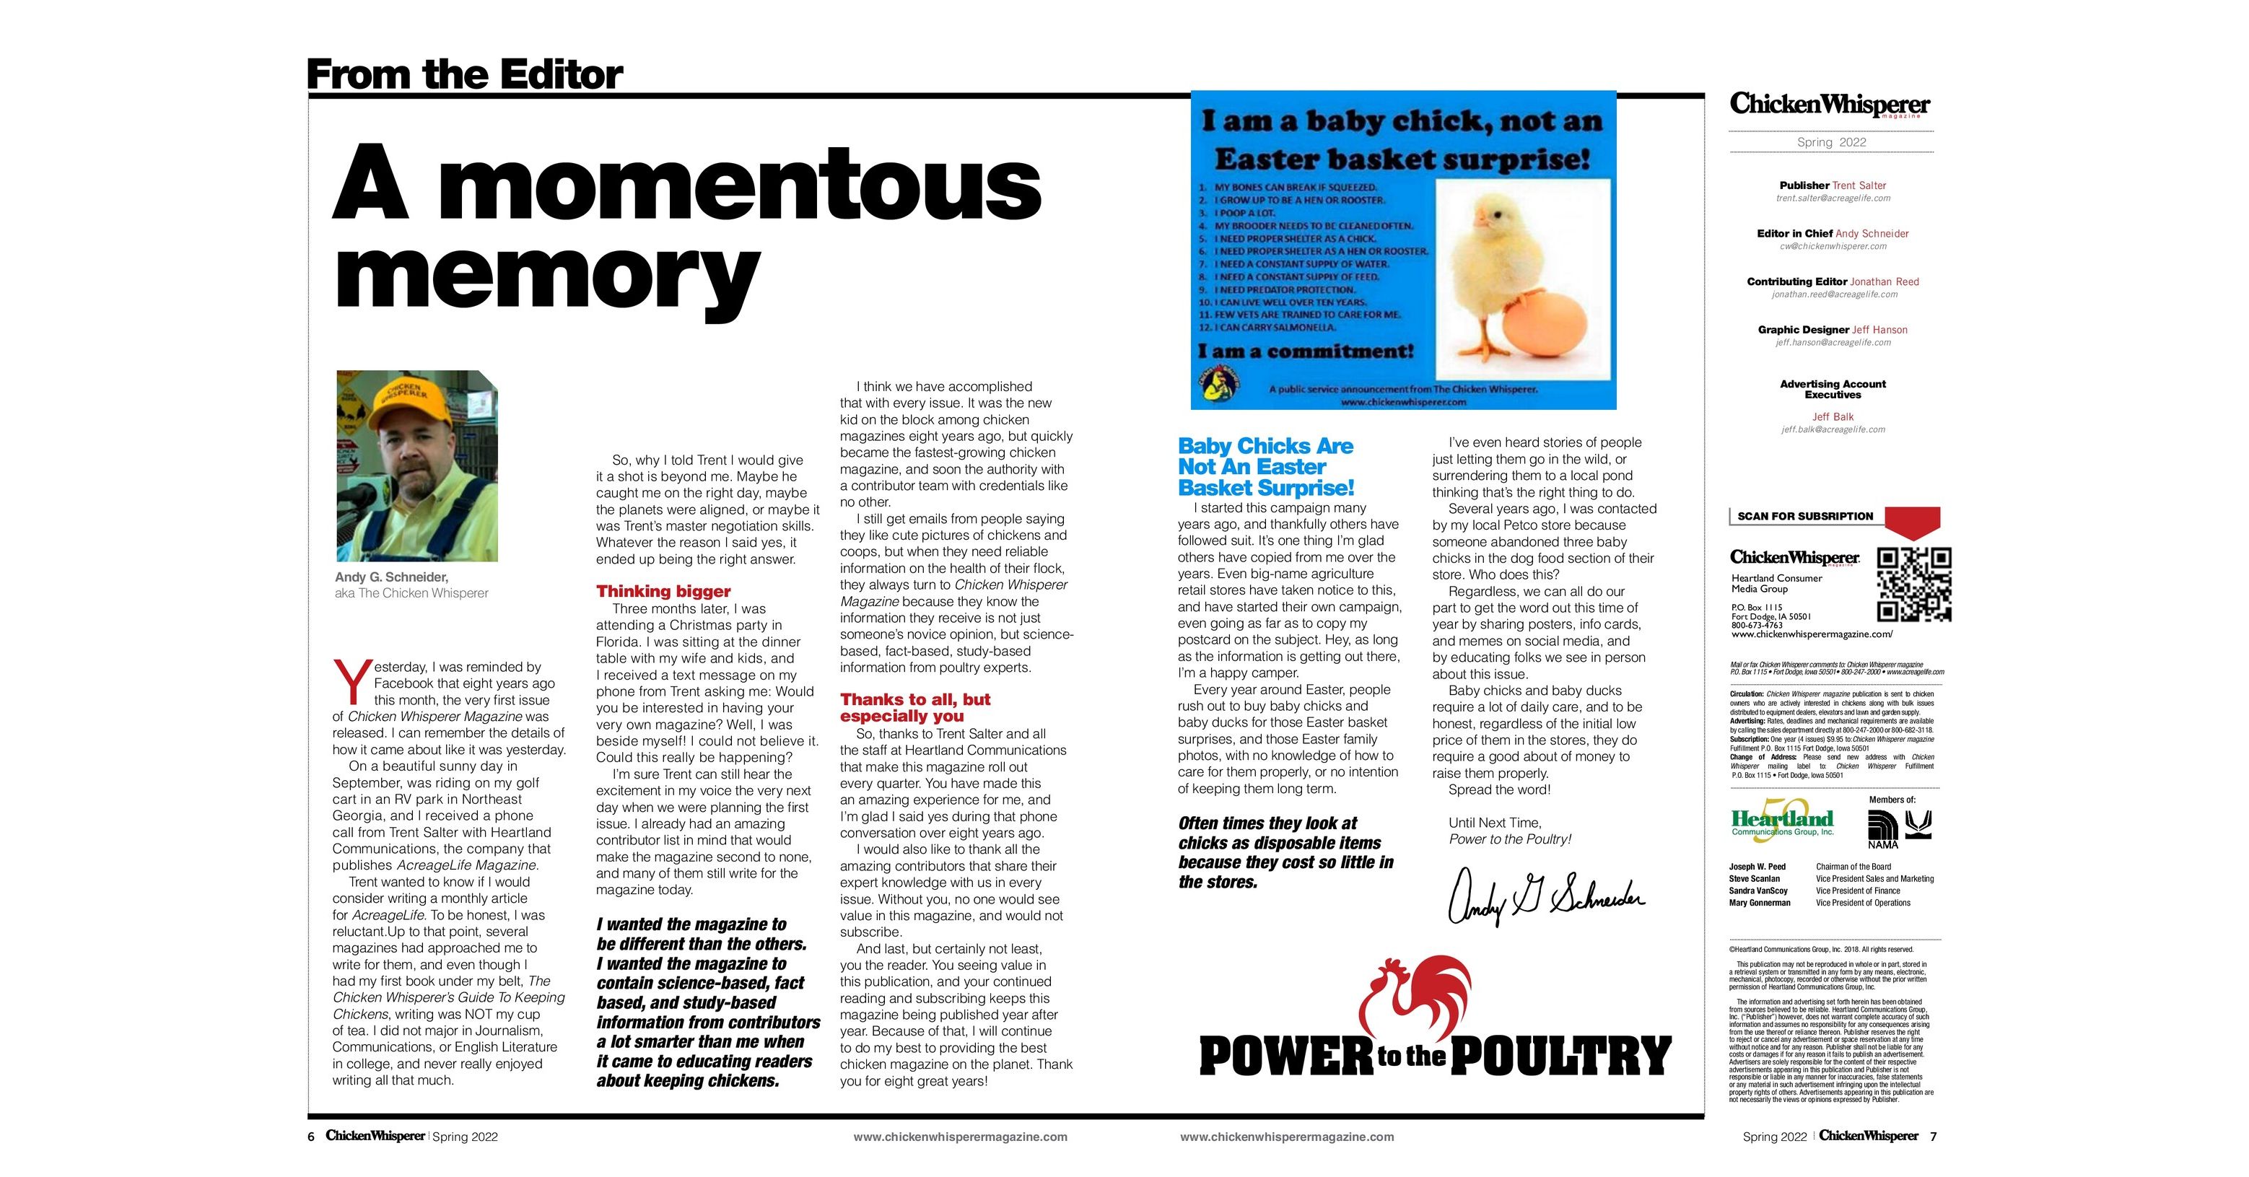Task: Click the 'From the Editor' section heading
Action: pyautogui.click(x=465, y=75)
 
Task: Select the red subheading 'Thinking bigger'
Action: pyautogui.click(x=663, y=591)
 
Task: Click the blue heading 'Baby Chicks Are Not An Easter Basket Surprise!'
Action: pyautogui.click(x=1265, y=467)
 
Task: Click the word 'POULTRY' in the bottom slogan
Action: pyautogui.click(x=1560, y=1056)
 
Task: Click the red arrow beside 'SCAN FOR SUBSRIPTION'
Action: pyautogui.click(x=1912, y=521)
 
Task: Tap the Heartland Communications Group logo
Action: pyautogui.click(x=1782, y=821)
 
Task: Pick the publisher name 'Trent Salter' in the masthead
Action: pyautogui.click(x=1859, y=185)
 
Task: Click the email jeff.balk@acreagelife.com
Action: pyautogui.click(x=1833, y=429)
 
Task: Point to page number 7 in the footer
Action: pyautogui.click(x=1933, y=1136)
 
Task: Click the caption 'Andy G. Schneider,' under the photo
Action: pyautogui.click(x=391, y=577)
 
